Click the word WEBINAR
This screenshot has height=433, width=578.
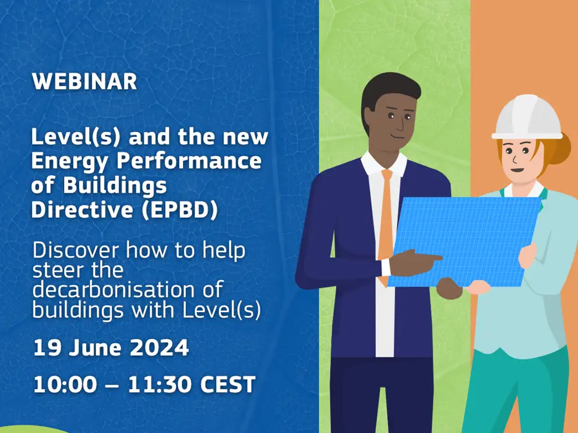84,81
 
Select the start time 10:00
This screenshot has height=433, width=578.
65,384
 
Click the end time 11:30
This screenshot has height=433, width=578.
159,384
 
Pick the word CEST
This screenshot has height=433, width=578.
228,384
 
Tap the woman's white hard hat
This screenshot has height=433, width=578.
527,117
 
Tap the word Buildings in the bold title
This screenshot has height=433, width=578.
115,186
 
